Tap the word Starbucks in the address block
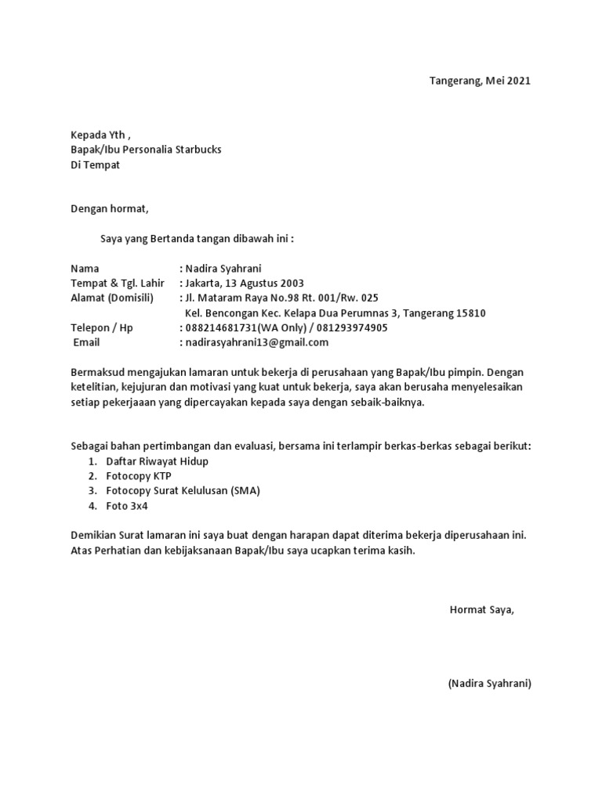(x=199, y=150)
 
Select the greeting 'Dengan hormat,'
(x=109, y=209)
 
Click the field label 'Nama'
(x=85, y=269)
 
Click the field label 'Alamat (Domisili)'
(x=112, y=298)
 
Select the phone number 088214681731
(x=220, y=328)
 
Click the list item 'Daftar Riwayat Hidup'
(x=158, y=461)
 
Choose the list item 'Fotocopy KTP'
(x=138, y=476)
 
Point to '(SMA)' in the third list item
(x=245, y=491)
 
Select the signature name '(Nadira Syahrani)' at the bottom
(x=490, y=684)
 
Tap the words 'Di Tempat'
(x=95, y=164)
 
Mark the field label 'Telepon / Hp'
(x=102, y=328)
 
